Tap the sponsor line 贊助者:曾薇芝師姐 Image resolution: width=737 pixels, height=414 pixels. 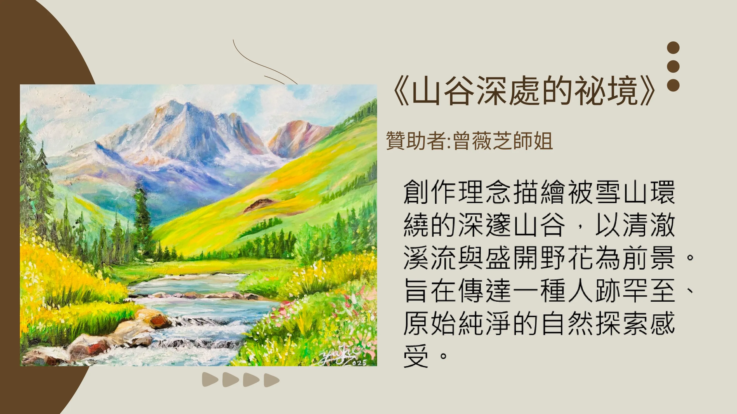click(469, 141)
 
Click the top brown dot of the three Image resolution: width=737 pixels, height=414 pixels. click(673, 47)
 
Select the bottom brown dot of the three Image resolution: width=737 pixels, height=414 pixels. click(673, 85)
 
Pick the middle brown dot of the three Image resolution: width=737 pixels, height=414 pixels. click(673, 66)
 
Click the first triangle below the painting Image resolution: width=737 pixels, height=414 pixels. click(210, 380)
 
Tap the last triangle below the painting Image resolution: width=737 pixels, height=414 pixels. click(271, 380)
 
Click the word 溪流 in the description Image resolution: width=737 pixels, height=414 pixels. click(430, 258)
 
